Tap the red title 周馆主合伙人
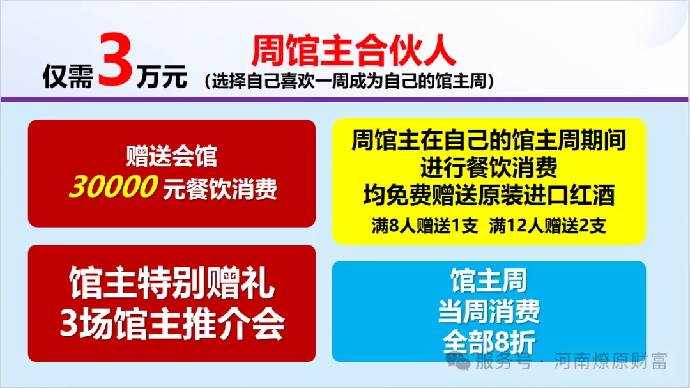pos(353,51)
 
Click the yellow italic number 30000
pos(112,188)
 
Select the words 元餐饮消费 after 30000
pos(220,189)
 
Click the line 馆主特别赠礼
pos(172,283)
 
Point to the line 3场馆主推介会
pos(172,325)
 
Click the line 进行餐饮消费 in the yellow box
pos(489,167)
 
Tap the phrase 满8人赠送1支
pos(425,226)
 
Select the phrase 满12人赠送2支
pos(548,226)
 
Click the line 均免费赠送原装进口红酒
pos(489,195)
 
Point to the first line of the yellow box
pos(489,140)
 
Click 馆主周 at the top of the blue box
pos(489,281)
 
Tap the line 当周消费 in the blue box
pos(489,311)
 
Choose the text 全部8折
pos(489,341)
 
